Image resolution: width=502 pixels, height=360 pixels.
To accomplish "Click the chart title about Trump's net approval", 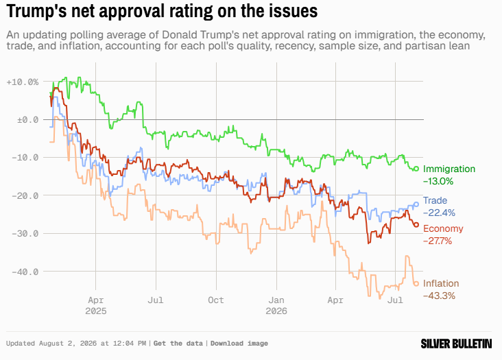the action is point(162,10).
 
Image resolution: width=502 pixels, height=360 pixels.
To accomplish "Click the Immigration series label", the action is point(449,169).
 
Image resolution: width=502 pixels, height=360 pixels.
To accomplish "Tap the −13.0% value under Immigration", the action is point(438,182).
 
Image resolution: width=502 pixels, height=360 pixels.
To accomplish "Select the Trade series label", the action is point(435,200).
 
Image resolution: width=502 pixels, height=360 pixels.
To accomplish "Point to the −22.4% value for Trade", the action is point(439,213).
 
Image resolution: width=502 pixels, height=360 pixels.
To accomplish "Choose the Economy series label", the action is point(443,228).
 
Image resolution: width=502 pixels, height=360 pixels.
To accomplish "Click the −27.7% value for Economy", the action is point(438,241).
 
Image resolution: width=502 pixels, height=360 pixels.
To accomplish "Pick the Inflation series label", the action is point(441,283).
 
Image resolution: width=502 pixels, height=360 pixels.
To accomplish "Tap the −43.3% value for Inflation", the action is point(439,296).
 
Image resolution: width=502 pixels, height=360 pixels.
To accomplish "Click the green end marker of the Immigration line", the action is point(416,169).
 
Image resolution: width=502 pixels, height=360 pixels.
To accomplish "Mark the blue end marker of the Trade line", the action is point(416,204).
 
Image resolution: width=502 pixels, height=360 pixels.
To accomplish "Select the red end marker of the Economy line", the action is point(416,225).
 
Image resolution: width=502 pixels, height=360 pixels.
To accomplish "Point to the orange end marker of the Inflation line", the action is point(416,283).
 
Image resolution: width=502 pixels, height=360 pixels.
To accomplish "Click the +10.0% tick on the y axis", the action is point(23,82).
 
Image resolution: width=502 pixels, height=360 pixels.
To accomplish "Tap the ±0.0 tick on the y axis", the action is point(27,120).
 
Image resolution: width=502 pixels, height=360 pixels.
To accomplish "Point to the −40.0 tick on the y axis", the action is point(25,272).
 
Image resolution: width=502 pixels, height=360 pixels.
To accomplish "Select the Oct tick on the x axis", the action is point(216,300).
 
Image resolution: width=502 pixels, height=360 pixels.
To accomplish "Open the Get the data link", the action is point(178,344).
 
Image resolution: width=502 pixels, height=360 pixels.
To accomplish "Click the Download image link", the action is point(239,344).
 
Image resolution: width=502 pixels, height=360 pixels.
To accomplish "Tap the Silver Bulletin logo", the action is point(456,344).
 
